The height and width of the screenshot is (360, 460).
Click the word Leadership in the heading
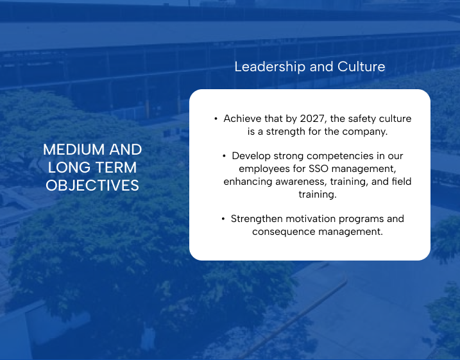270,67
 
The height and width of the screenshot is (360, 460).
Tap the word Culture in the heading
361,67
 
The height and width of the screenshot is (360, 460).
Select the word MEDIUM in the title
74,150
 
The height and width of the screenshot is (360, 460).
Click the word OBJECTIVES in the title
92,185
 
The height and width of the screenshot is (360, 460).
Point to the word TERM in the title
115,167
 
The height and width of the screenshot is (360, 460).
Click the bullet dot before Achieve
216,119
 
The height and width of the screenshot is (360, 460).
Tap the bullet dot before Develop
224,156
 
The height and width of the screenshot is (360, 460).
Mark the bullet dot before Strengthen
223,219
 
